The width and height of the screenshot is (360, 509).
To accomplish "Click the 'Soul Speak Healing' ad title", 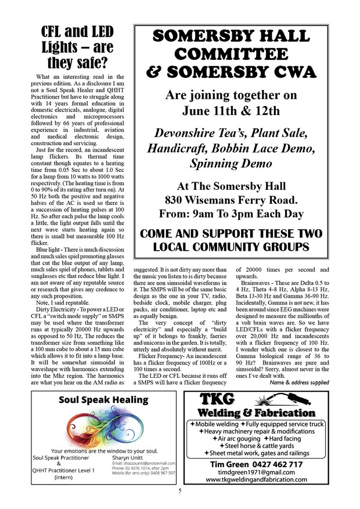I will coord(103,400).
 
